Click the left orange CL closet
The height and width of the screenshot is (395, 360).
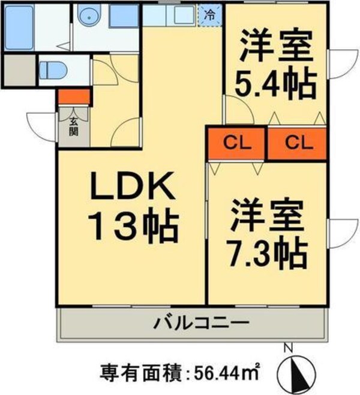(x=236, y=143)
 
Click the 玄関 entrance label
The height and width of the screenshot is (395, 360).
(x=73, y=126)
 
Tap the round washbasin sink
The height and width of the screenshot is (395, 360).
(x=91, y=18)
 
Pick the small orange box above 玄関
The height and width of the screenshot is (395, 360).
(x=74, y=96)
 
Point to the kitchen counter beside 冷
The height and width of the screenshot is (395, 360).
(x=171, y=14)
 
